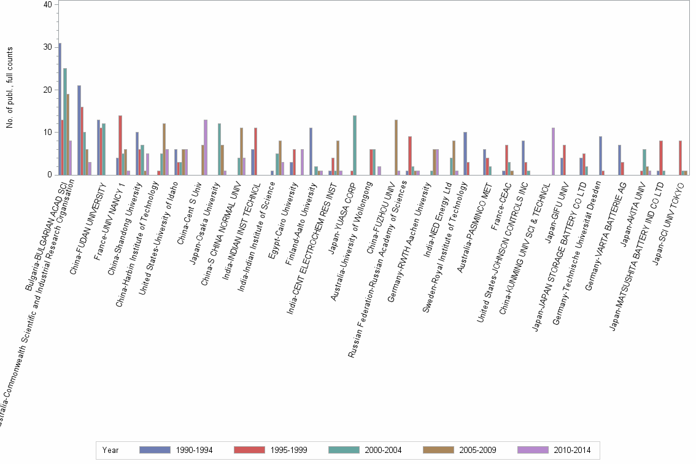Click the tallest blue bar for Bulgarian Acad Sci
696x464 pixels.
60,109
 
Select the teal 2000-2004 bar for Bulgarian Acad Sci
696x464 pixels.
64,122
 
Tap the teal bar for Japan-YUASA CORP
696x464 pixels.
355,145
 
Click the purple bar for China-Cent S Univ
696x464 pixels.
206,147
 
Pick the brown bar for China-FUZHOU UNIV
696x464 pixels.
396,147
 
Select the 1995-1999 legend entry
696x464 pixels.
271,450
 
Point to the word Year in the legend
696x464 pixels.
110,450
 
